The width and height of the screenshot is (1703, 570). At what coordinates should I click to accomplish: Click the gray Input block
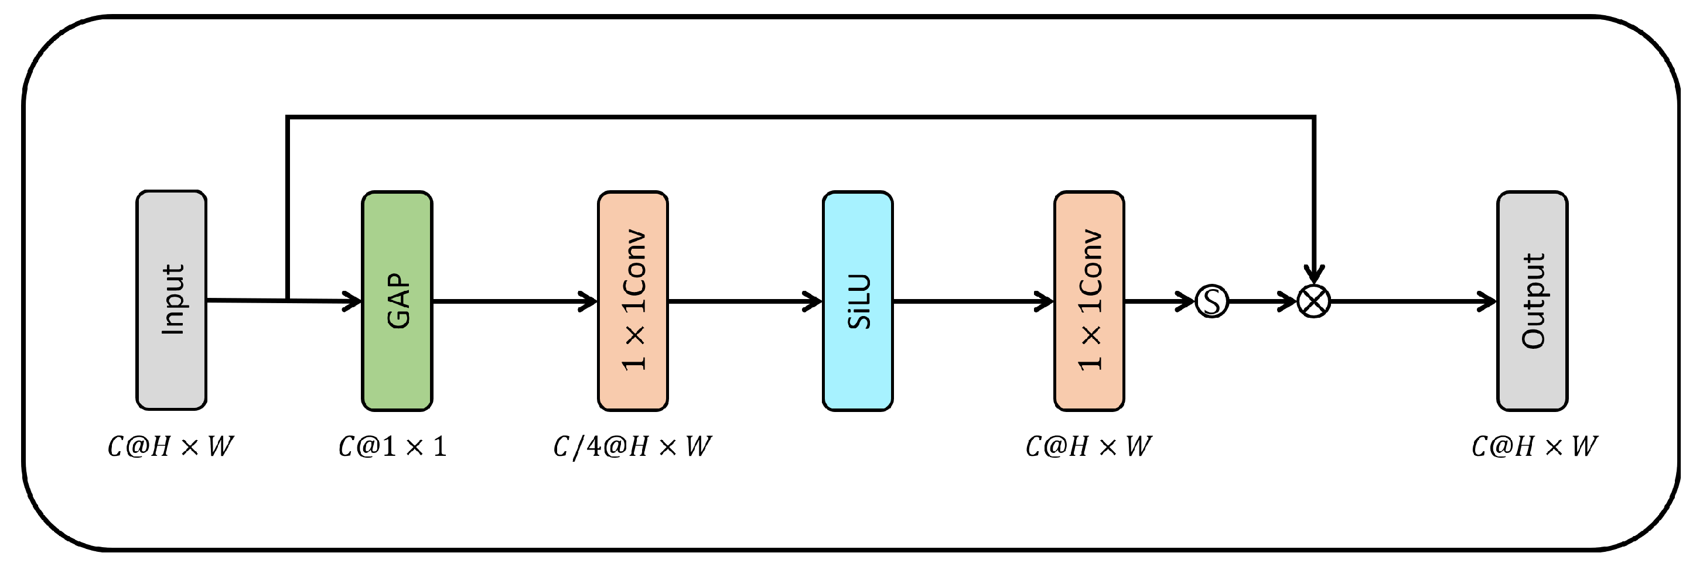point(171,301)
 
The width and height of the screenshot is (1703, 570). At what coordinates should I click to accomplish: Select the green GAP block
point(397,301)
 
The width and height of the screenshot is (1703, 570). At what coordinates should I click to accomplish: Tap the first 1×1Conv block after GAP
point(633,301)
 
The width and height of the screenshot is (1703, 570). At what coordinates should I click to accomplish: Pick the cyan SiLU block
point(858,301)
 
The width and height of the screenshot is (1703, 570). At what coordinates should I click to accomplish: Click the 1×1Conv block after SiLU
point(1089,301)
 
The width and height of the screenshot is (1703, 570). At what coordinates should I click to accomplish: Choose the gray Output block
point(1532,301)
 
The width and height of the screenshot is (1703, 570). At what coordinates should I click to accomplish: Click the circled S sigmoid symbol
point(1212,301)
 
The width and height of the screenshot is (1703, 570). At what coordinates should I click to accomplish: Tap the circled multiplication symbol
point(1313,301)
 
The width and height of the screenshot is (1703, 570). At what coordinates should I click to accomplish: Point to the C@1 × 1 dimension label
point(392,447)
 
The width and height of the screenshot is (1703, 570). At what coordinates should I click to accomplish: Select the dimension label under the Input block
point(170,447)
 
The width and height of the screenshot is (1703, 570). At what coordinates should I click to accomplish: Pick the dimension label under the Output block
point(1534,447)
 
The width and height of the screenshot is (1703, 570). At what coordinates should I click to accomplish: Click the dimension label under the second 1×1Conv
point(1088,447)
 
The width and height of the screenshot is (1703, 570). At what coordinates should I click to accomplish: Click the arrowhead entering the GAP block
point(353,302)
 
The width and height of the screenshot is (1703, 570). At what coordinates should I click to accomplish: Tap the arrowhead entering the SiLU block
point(814,302)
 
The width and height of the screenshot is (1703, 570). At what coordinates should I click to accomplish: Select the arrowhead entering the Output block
point(1488,302)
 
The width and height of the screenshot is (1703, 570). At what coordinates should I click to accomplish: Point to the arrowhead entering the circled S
point(1186,302)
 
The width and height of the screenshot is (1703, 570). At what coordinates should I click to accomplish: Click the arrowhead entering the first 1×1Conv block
point(589,302)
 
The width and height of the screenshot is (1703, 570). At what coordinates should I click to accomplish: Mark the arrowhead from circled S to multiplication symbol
point(1288,302)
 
